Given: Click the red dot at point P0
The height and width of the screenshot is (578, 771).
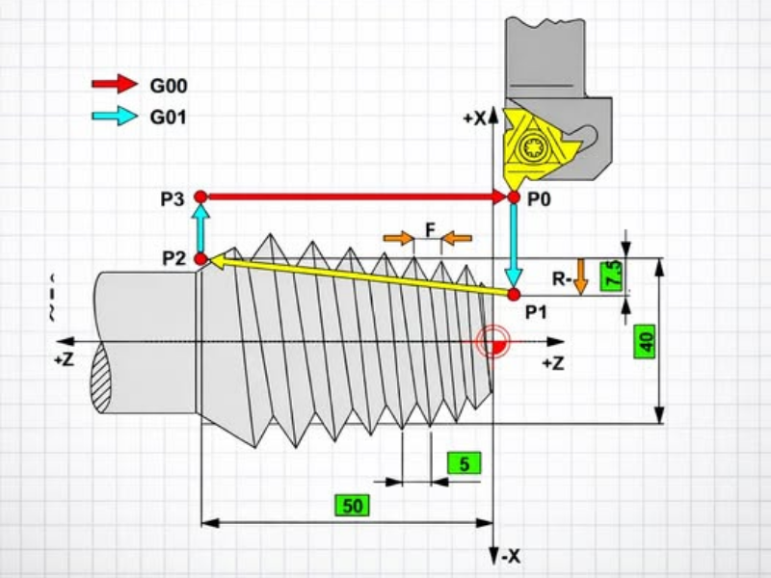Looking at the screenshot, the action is (x=514, y=197).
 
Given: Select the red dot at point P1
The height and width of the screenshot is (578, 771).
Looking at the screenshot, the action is (x=514, y=295).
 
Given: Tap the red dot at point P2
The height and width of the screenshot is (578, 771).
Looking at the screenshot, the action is (x=200, y=258).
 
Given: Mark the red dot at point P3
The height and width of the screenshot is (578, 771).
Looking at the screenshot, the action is (x=200, y=197).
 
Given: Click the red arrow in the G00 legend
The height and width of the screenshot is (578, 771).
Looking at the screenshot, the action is (x=115, y=84).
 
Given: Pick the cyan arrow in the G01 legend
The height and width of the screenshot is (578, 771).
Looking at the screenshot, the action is (x=115, y=116).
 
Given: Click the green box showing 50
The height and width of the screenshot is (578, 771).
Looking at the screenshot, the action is (x=352, y=505).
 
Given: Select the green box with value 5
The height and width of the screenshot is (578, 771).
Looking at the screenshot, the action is (x=464, y=463).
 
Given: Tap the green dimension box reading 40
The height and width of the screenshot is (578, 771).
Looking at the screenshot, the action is (x=644, y=341).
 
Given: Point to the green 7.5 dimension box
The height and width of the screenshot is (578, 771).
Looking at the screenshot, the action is (x=611, y=276).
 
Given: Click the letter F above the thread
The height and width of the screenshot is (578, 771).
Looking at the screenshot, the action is (x=430, y=230).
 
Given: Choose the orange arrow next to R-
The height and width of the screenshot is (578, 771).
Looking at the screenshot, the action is (x=581, y=276).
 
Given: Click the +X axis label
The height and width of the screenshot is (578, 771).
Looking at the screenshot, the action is (x=474, y=118).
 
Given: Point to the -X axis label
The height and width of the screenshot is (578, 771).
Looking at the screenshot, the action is (x=511, y=557).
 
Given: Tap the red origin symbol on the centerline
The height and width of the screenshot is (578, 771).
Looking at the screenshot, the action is (x=492, y=341).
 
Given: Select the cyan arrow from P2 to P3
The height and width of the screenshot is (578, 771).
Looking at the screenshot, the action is (x=200, y=228).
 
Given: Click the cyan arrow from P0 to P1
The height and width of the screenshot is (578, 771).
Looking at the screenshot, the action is (x=514, y=246).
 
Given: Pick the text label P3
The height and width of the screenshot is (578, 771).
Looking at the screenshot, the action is (x=173, y=199).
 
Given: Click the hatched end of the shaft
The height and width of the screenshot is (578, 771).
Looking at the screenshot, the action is (x=101, y=378).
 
